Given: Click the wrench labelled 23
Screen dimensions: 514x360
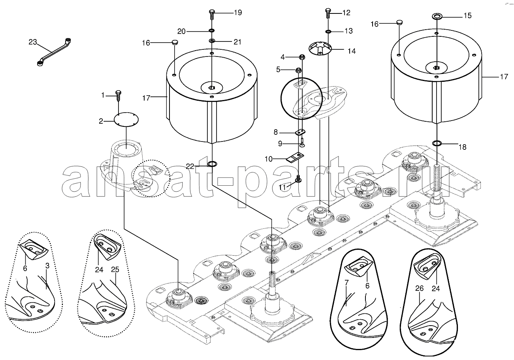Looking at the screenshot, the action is click(x=54, y=52).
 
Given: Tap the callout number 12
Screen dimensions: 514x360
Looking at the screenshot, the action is click(x=346, y=13).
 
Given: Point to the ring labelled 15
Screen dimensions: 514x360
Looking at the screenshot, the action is click(x=437, y=17).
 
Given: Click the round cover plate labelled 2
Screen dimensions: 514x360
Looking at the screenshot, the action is click(x=126, y=119).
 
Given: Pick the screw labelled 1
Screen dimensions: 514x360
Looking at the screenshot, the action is click(x=119, y=96).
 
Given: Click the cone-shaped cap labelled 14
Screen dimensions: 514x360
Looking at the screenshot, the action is click(x=320, y=48).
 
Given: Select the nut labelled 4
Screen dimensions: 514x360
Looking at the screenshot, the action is click(x=302, y=57).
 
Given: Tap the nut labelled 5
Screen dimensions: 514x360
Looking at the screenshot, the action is click(x=298, y=70).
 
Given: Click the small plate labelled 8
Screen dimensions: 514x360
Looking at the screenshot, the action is click(x=300, y=132).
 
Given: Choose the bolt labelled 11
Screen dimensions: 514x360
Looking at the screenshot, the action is click(x=298, y=179).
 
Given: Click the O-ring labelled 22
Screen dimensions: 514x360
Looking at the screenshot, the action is click(x=212, y=164).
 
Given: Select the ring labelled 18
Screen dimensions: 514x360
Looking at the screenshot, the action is click(x=437, y=143).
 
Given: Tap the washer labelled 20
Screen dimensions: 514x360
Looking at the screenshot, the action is click(x=211, y=30).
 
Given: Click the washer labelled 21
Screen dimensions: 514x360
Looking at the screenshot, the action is click(x=212, y=41).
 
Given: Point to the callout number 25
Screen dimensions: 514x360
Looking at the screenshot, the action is click(x=115, y=270).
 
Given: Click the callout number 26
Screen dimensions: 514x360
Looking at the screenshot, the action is click(x=419, y=288).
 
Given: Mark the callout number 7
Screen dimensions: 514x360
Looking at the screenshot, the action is click(x=346, y=283).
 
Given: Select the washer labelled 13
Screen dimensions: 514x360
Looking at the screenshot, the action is click(x=328, y=31).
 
